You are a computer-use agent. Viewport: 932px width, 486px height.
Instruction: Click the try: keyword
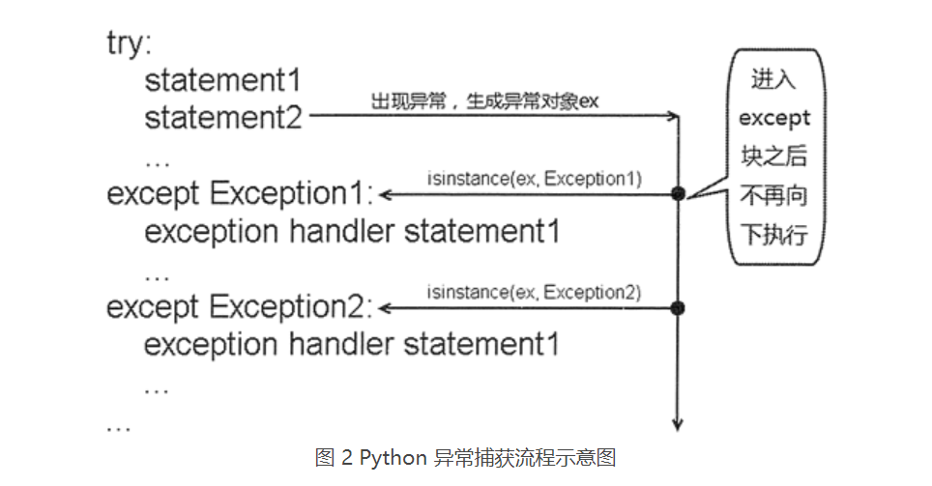[x=129, y=44]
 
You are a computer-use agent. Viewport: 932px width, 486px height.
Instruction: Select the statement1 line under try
[x=223, y=80]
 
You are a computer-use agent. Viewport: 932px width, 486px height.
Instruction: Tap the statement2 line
[x=223, y=117]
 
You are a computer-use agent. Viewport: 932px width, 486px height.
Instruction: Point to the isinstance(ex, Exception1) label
[x=534, y=179]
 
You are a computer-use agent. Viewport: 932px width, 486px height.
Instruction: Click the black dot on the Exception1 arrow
[x=678, y=194]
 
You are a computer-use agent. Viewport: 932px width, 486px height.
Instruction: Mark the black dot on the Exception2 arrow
[x=678, y=308]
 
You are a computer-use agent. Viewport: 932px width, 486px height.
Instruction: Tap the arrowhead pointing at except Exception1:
[x=385, y=194]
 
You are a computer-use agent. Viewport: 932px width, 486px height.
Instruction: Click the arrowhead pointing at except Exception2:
[x=385, y=308]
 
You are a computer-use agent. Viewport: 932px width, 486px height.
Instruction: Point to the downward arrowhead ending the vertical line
[x=678, y=423]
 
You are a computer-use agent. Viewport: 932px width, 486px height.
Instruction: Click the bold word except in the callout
[x=773, y=118]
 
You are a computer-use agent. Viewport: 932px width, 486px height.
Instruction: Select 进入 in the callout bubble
[x=773, y=80]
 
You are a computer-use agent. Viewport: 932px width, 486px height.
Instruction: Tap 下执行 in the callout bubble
[x=773, y=235]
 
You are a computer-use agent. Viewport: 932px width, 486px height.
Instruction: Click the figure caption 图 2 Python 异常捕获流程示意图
[x=465, y=457]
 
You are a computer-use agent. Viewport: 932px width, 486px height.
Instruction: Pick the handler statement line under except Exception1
[x=352, y=232]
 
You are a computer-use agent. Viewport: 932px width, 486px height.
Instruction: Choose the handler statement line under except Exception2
[x=352, y=345]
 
